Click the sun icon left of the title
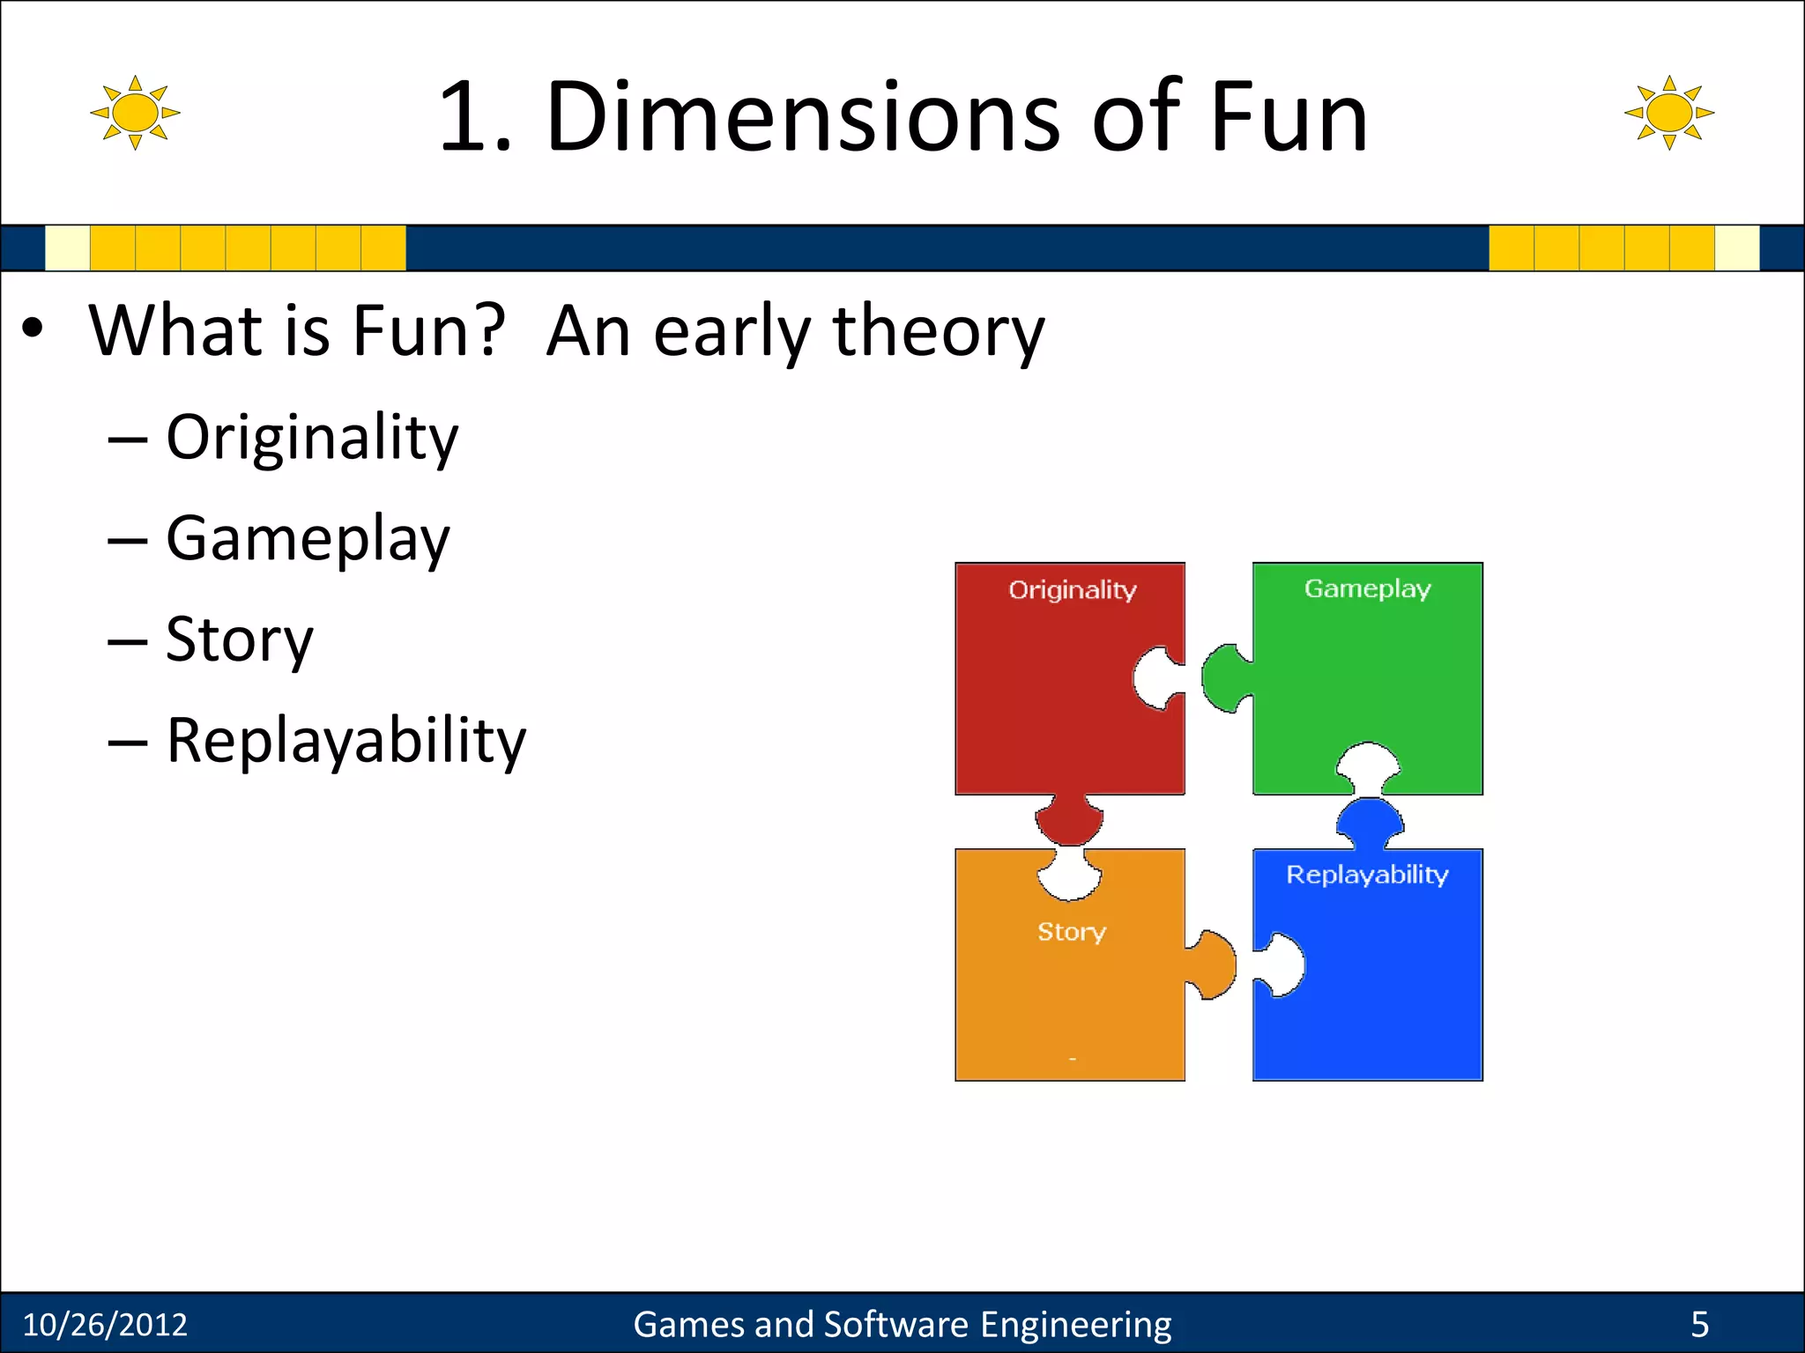pyautogui.click(x=135, y=113)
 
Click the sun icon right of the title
pyautogui.click(x=1669, y=113)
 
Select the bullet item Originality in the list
pyautogui.click(x=312, y=438)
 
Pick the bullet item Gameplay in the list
pyautogui.click(x=308, y=539)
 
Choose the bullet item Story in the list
pyautogui.click(x=240, y=640)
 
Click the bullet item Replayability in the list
pyautogui.click(x=345, y=741)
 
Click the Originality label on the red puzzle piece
pyautogui.click(x=1072, y=589)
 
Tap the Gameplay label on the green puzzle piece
pyautogui.click(x=1367, y=588)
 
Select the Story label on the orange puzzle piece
pyautogui.click(x=1071, y=931)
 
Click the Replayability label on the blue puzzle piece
pyautogui.click(x=1367, y=875)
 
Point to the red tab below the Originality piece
pyautogui.click(x=1069, y=819)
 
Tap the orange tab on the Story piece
pyautogui.click(x=1214, y=965)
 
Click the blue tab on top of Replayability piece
pyautogui.click(x=1370, y=821)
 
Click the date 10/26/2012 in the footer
pyautogui.click(x=105, y=1325)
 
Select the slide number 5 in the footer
pyautogui.click(x=1699, y=1325)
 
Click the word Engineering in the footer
pyautogui.click(x=1075, y=1325)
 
